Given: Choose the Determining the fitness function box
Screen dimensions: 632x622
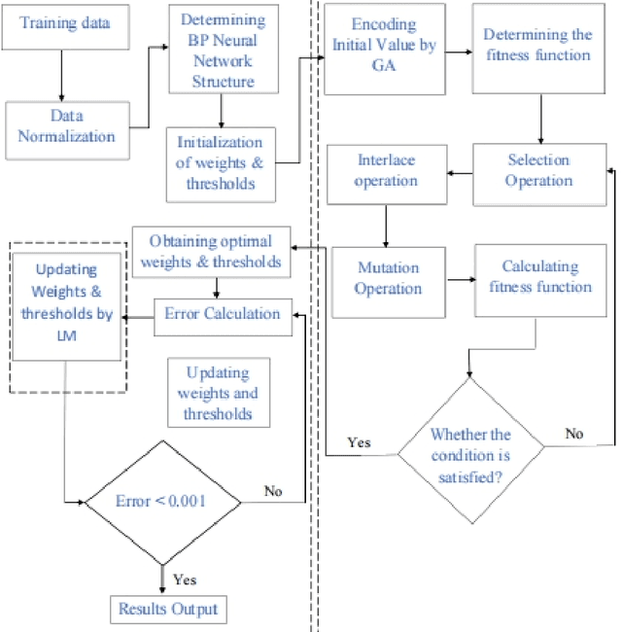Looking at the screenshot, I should (537, 46).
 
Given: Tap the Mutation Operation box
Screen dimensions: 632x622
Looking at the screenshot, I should (388, 277).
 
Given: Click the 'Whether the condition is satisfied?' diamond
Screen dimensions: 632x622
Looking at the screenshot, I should (470, 445).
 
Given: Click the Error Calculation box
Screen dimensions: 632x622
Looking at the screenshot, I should (223, 314).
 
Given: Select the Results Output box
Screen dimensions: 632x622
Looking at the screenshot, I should (168, 610).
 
